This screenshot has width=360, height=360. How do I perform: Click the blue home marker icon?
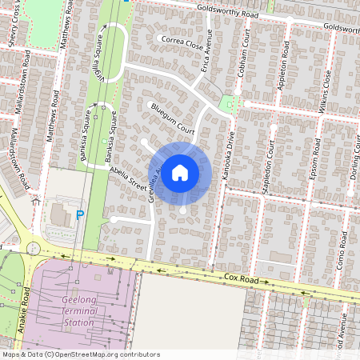click(x=180, y=172)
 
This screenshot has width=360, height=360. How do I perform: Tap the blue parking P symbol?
click(x=79, y=214)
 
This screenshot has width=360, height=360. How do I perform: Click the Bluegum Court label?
click(x=172, y=118)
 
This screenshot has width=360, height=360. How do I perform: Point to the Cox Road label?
click(x=243, y=279)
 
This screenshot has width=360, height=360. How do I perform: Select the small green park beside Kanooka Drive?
click(x=228, y=104)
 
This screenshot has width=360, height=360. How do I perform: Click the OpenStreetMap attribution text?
click(x=81, y=354)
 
